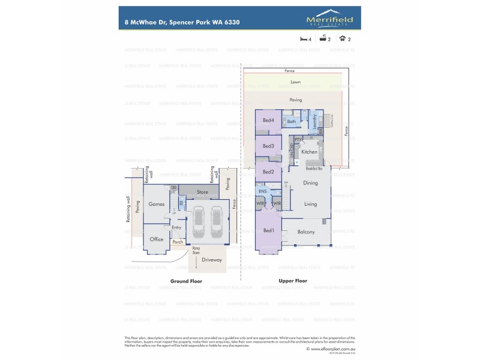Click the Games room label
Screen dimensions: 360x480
tap(157, 204)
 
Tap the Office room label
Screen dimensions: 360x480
tap(157, 239)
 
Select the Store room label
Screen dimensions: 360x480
tap(202, 192)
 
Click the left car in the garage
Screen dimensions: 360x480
tap(199, 223)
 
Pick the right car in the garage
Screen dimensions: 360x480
tap(216, 223)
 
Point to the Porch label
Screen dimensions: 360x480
tap(178, 242)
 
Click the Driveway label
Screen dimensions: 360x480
tap(212, 260)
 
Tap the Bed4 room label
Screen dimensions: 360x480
tap(268, 121)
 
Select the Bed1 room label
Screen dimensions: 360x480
tap(268, 230)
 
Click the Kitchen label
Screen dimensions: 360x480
tap(309, 152)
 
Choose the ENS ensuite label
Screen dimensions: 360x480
tap(262, 192)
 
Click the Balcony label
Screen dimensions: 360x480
tap(306, 232)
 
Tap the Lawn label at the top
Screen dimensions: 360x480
tap(295, 81)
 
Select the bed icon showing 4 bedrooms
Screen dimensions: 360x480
tap(304, 40)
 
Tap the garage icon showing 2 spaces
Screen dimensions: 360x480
tap(342, 40)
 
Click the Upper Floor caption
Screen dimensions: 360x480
tap(293, 281)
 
